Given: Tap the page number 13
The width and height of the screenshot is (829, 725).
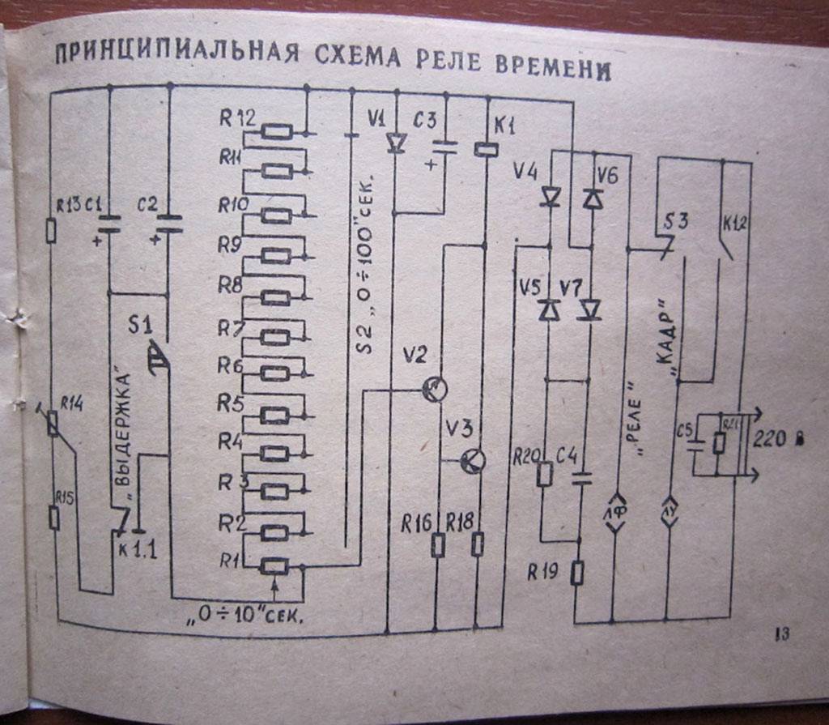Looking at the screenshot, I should point(783,634).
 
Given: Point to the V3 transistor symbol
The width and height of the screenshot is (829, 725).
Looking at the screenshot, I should point(472,461).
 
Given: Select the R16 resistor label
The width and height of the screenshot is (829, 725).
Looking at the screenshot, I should point(416,523).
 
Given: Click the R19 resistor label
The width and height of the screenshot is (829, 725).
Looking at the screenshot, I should point(542,572).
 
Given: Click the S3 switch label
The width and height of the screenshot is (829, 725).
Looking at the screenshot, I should point(676,221).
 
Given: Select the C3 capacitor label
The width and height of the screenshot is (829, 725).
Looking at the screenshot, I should point(424,120).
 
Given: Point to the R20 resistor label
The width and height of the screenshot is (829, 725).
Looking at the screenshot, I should point(526,456).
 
